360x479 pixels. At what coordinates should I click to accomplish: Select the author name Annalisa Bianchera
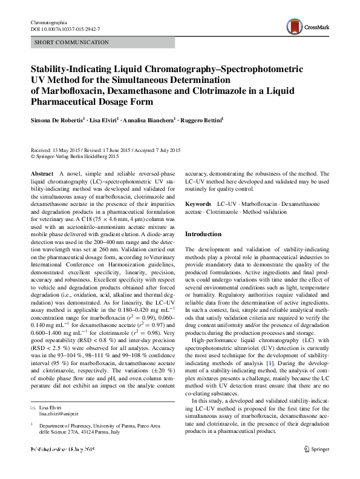149,121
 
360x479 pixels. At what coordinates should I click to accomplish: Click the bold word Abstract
42,174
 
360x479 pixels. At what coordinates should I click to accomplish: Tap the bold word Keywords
198,205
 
